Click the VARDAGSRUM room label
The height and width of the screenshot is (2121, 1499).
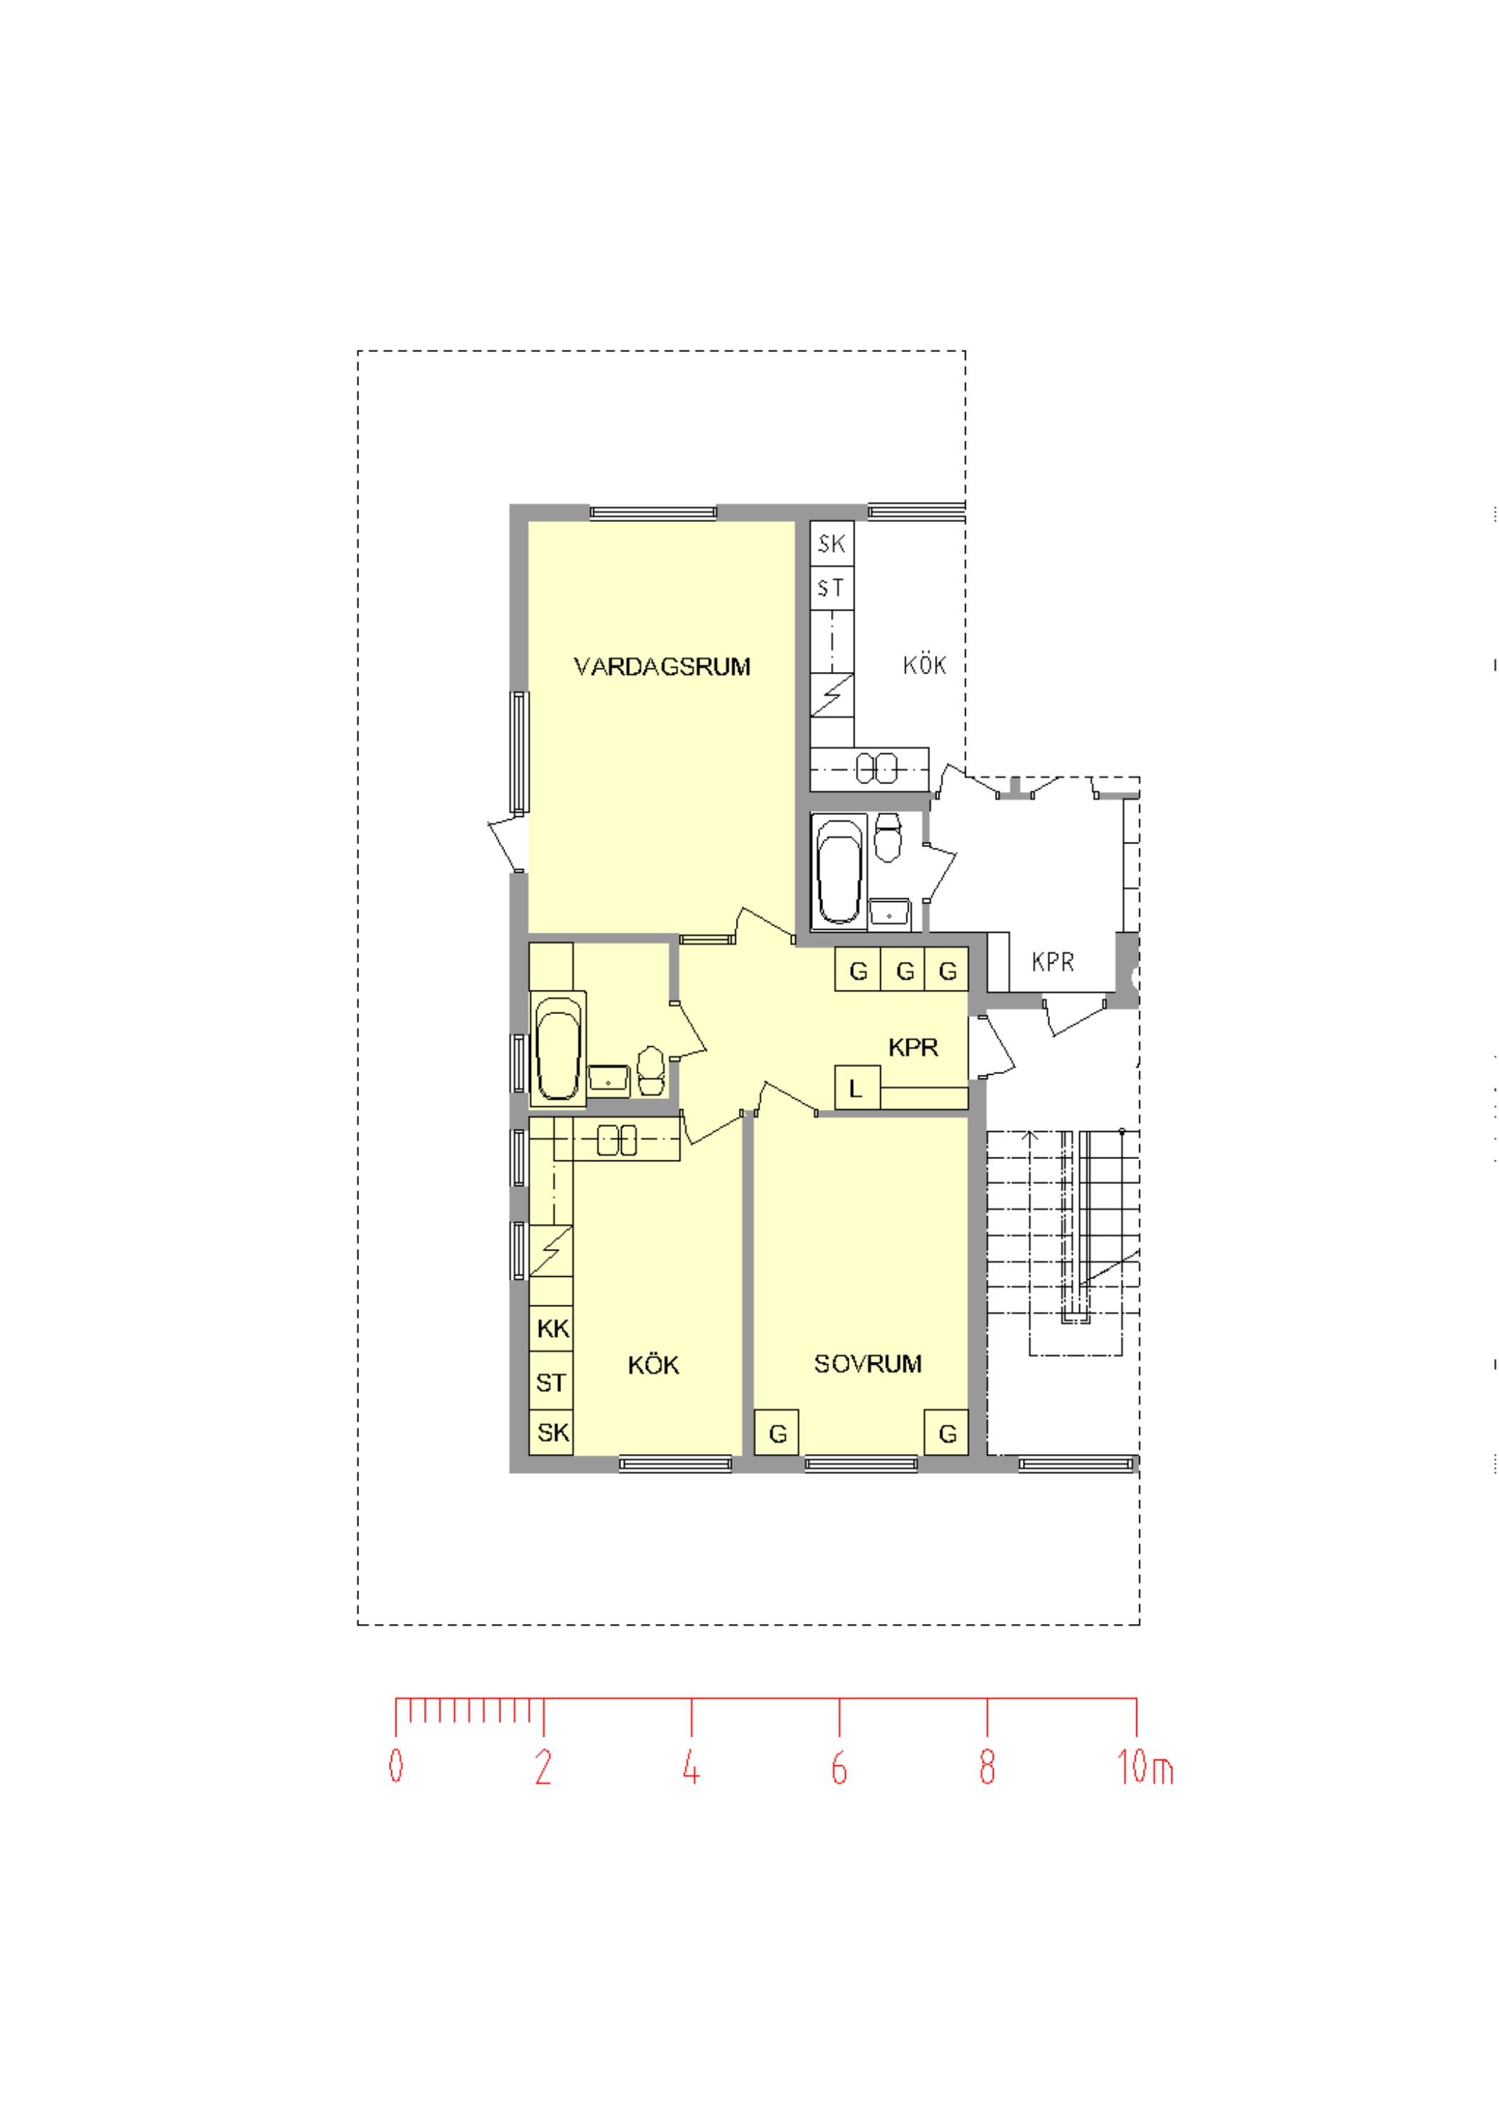point(662,667)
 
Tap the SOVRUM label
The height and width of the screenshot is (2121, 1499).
point(867,1365)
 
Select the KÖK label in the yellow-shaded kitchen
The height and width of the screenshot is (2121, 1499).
point(653,1365)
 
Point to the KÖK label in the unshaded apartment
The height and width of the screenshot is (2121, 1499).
point(924,665)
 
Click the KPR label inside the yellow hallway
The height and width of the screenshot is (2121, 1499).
point(912,1048)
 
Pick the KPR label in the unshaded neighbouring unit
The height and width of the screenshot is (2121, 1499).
point(1053,963)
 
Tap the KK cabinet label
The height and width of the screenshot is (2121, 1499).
point(552,1328)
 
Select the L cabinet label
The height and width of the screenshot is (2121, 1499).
point(856,1088)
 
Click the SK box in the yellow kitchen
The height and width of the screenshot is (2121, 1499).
point(551,1433)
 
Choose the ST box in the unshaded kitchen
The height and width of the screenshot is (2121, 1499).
point(832,588)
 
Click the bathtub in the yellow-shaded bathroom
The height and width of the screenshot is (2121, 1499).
point(558,1048)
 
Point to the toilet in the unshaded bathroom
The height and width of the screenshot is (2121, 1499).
point(887,837)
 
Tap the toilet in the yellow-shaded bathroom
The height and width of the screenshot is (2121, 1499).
point(651,1070)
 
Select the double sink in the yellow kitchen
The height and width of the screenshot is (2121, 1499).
point(617,1140)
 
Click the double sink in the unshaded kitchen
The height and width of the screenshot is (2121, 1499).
point(877,768)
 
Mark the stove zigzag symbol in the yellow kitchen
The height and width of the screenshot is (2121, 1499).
point(550,1250)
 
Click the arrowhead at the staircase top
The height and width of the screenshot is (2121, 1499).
point(1030,1134)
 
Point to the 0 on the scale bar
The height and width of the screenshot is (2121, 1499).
point(395,1765)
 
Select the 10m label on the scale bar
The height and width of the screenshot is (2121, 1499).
point(1144,1766)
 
